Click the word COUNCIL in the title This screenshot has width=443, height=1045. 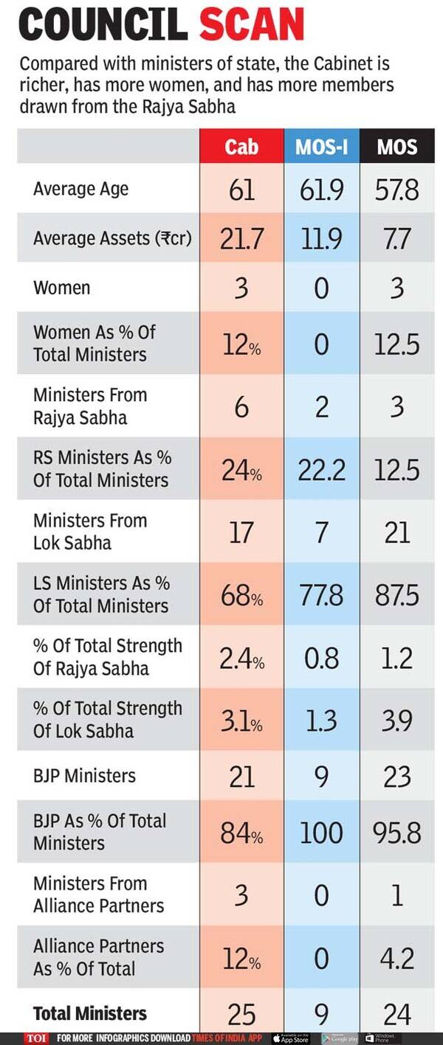click(103, 24)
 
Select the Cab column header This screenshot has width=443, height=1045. click(241, 146)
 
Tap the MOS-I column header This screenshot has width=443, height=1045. click(321, 146)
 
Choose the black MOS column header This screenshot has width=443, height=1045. click(397, 146)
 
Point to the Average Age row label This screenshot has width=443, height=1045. click(80, 190)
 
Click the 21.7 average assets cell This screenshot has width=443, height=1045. click(241, 239)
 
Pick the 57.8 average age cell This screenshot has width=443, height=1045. click(397, 190)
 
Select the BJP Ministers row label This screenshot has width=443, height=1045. click(84, 776)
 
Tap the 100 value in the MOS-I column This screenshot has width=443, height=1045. click(321, 833)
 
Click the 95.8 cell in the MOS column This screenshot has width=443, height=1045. click(397, 833)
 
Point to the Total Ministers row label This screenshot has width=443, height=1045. click(90, 1014)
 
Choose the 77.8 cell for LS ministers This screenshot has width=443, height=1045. click(321, 595)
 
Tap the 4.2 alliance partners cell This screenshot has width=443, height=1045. click(397, 958)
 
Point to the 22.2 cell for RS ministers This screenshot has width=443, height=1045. click(321, 470)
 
